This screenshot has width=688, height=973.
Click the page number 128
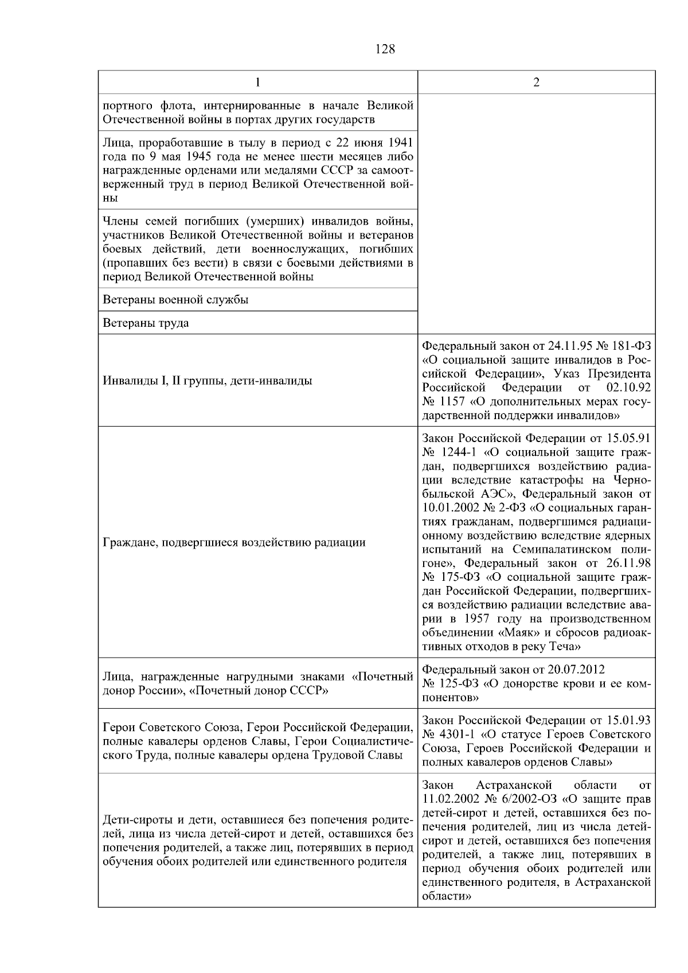(x=385, y=49)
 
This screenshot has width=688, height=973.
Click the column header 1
(x=258, y=83)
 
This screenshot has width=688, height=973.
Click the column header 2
(x=536, y=83)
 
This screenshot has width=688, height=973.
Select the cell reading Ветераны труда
(x=146, y=323)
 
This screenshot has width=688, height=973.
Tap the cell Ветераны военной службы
(x=175, y=300)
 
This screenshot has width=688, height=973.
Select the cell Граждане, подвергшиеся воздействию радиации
(x=234, y=542)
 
